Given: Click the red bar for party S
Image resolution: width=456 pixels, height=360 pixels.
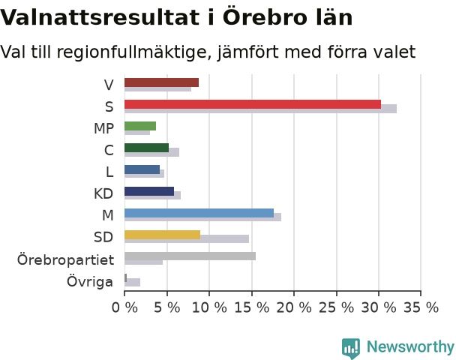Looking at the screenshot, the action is (x=253, y=104).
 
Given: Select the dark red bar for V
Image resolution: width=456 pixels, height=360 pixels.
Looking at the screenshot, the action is (x=162, y=82).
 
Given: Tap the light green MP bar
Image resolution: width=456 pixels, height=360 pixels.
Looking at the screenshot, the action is (x=140, y=126).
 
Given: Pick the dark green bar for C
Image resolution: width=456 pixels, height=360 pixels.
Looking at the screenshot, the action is (x=146, y=148).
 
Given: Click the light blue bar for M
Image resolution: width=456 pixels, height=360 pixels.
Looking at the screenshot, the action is (x=199, y=213).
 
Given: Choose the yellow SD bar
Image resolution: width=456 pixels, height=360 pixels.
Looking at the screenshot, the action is (x=163, y=235).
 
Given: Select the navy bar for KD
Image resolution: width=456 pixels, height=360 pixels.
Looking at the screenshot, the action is (x=149, y=191).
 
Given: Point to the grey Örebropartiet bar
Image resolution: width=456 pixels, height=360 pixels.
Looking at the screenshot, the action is (x=190, y=256).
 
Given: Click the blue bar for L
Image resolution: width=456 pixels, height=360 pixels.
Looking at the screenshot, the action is (x=142, y=169).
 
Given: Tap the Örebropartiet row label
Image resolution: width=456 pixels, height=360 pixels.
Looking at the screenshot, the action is (x=65, y=259).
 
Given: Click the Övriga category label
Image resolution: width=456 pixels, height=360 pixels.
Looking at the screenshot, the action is (x=90, y=281).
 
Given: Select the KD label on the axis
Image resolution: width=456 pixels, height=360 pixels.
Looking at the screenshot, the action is (x=103, y=193).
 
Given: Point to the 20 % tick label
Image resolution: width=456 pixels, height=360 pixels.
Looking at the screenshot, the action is (x=294, y=307).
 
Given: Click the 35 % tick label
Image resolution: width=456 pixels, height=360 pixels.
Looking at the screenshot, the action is (x=421, y=307).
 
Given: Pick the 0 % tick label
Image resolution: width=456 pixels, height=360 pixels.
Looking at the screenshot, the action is (x=124, y=307).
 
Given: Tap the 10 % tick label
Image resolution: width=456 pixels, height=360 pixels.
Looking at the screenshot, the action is (x=209, y=307).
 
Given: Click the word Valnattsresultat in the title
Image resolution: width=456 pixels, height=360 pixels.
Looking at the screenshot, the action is (x=100, y=18).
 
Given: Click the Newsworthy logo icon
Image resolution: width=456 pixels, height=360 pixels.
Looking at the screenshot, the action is (x=351, y=348).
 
